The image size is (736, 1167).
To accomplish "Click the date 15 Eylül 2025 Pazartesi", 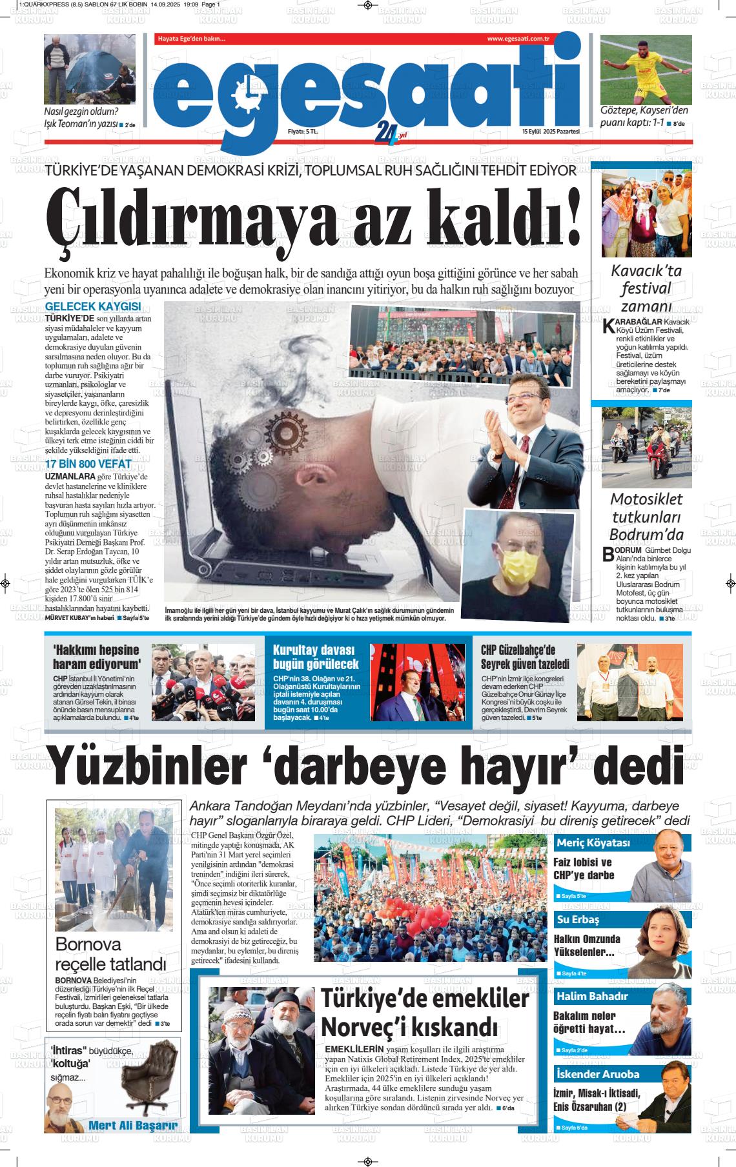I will [551, 132].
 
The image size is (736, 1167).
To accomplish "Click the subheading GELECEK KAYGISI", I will [93, 307].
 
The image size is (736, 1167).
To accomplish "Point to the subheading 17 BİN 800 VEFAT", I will [88, 464].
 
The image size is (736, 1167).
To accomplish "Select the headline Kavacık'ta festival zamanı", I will [646, 288].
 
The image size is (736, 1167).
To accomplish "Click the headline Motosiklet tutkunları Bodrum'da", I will [646, 517].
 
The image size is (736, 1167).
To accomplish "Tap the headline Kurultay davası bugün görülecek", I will [316, 657].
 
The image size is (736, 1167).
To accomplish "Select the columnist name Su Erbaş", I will [578, 920].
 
